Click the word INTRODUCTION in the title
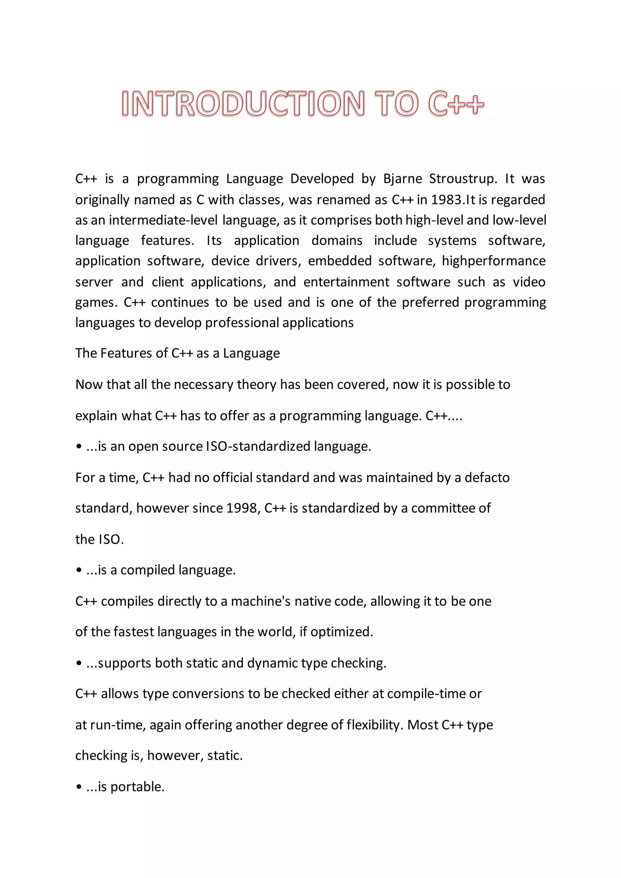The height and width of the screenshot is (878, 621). click(243, 104)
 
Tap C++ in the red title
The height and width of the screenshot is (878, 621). click(456, 104)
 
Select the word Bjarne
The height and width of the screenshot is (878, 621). click(402, 179)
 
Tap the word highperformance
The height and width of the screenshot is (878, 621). click(494, 261)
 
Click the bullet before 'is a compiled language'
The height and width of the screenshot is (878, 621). click(79, 571)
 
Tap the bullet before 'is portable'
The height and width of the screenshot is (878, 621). click(79, 787)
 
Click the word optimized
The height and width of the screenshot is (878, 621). click(341, 632)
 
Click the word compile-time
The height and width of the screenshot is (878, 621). click(422, 694)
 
